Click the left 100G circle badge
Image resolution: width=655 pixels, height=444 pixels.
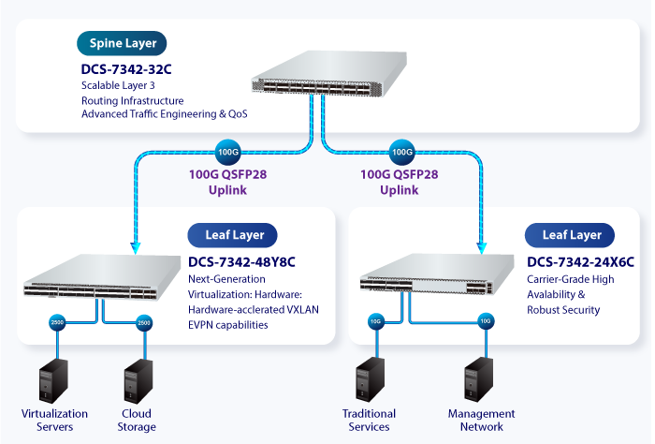pyautogui.click(x=228, y=151)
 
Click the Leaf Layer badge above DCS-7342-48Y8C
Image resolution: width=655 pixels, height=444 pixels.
pyautogui.click(x=227, y=234)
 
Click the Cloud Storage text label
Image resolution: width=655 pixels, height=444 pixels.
pyautogui.click(x=137, y=421)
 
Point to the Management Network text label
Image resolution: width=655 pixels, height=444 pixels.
pyautogui.click(x=481, y=421)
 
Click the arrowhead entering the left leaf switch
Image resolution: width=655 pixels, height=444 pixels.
pyautogui.click(x=137, y=248)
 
